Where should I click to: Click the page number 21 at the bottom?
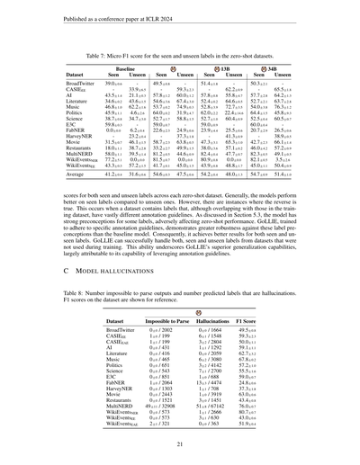[x=180, y=443]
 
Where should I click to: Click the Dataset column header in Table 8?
[x=118, y=321]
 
